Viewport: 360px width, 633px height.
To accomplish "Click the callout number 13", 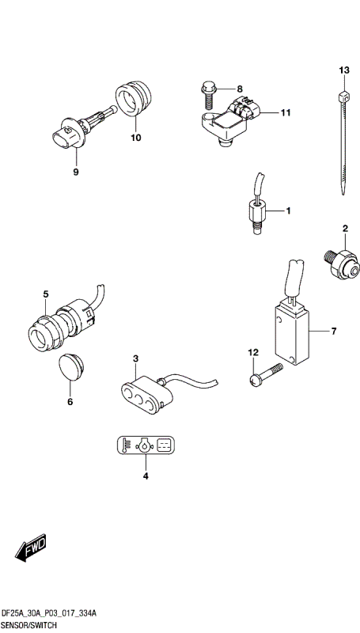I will click(343, 71).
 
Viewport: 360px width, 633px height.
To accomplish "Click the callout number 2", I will click(345, 229).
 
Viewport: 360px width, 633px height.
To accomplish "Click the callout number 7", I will click(334, 330).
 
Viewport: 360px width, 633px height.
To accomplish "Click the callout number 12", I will click(253, 351).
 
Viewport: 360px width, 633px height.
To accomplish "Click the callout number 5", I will click(46, 294).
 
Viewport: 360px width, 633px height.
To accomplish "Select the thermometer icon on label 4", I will click(125, 446).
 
